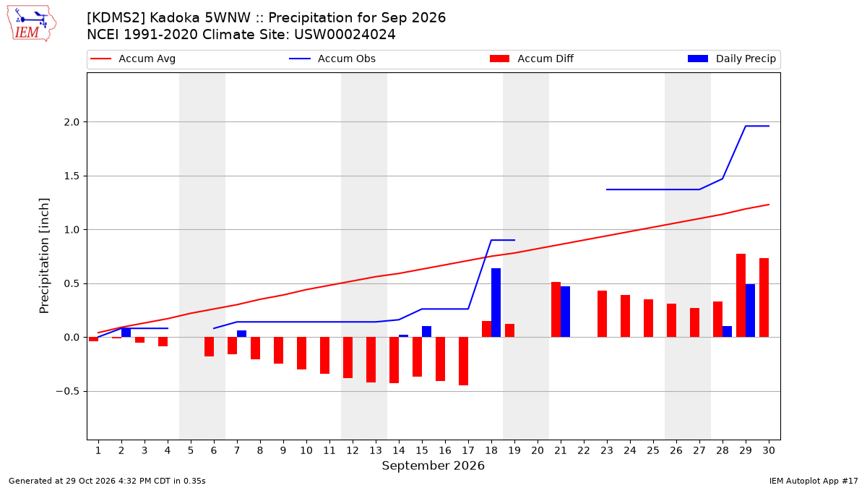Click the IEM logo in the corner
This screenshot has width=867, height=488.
click(32, 23)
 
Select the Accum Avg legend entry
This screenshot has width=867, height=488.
click(133, 59)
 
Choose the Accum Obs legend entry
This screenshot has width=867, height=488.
click(332, 59)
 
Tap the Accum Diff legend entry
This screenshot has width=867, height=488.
click(532, 59)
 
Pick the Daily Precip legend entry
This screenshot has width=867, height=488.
click(731, 59)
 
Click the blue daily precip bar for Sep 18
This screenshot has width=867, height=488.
click(496, 302)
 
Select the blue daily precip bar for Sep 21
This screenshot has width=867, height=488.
click(565, 312)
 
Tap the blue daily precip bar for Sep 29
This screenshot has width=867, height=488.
click(750, 311)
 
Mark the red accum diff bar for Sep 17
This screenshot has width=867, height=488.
click(463, 361)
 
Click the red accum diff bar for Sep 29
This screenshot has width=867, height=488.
click(741, 296)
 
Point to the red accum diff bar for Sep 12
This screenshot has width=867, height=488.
click(348, 357)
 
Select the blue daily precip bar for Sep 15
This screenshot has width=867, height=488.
click(426, 332)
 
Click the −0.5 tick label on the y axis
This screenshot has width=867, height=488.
click(68, 392)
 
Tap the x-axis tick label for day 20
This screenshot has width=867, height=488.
click(538, 450)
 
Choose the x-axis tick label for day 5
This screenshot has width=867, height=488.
click(191, 450)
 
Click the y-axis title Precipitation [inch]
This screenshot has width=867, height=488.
click(44, 256)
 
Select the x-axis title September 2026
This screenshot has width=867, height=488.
click(433, 466)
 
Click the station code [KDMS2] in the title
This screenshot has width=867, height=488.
click(116, 18)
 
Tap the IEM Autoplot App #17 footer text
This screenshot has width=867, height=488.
click(814, 481)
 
